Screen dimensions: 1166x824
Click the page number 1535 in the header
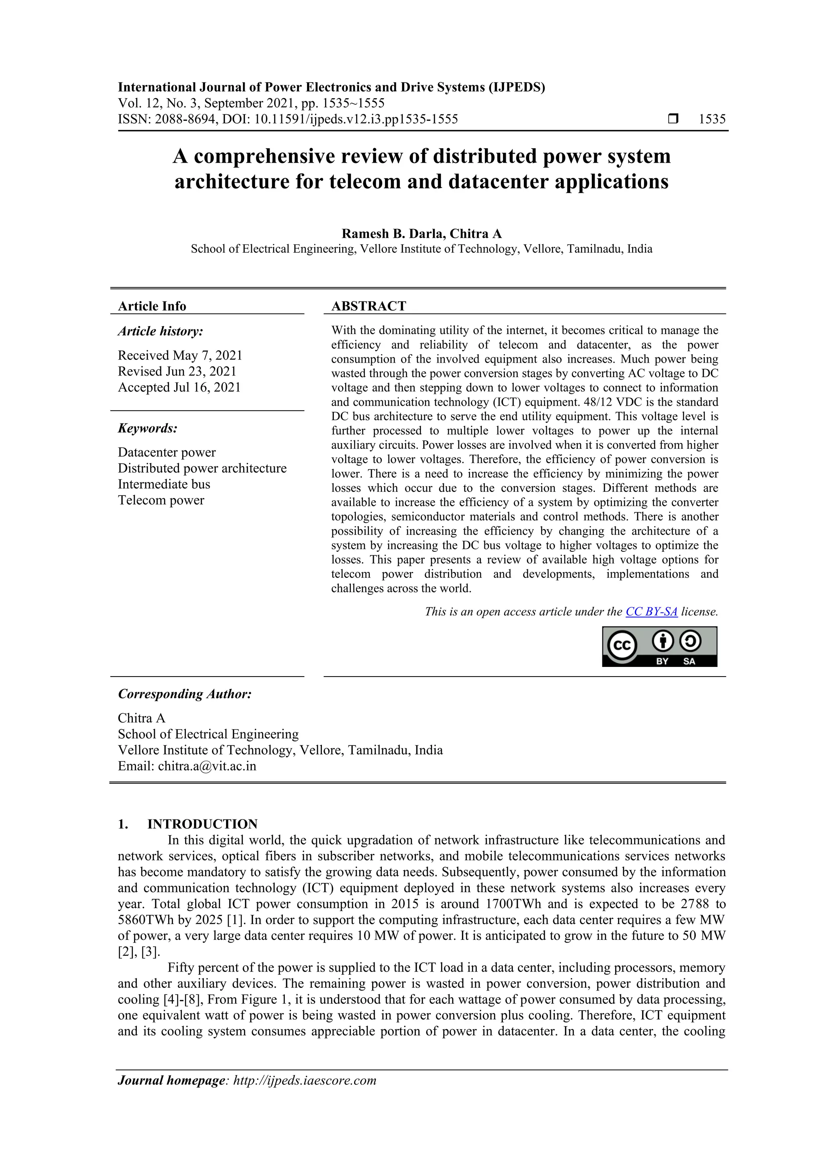pyautogui.click(x=712, y=120)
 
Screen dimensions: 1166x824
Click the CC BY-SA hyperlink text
pyautogui.click(x=651, y=611)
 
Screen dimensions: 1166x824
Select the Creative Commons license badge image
pyautogui.click(x=659, y=646)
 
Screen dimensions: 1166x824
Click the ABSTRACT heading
pyautogui.click(x=369, y=306)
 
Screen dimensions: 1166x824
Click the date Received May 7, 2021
pyautogui.click(x=180, y=355)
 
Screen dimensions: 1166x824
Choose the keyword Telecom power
pyautogui.click(x=161, y=500)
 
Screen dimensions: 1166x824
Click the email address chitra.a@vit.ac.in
pyautogui.click(x=207, y=766)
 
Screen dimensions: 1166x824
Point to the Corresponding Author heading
pyautogui.click(x=184, y=694)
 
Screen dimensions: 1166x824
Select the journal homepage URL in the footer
pyautogui.click(x=305, y=1080)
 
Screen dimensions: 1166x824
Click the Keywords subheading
pyautogui.click(x=147, y=428)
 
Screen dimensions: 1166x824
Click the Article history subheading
pyautogui.click(x=161, y=331)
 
